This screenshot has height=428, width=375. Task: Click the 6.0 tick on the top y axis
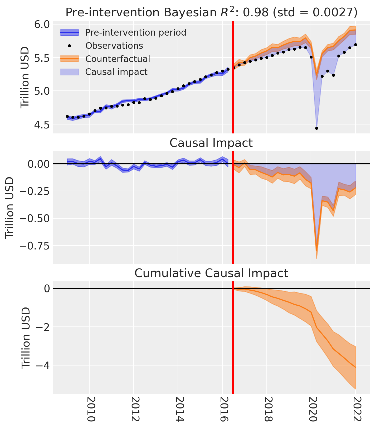pyautogui.click(x=42, y=24)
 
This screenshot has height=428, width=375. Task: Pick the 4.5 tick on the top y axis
pyautogui.click(x=42, y=124)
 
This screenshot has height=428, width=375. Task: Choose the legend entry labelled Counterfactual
pyautogui.click(x=118, y=59)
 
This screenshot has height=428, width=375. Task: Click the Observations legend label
pyautogui.click(x=114, y=46)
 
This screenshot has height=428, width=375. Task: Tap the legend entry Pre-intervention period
pyautogui.click(x=135, y=32)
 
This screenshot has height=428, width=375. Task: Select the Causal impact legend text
pyautogui.click(x=116, y=72)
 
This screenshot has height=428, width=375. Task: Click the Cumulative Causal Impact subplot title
pyautogui.click(x=211, y=273)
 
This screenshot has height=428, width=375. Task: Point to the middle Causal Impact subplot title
pyautogui.click(x=211, y=143)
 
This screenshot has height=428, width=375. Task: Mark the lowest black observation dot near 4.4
pyautogui.click(x=316, y=128)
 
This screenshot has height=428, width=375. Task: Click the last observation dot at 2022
pyautogui.click(x=355, y=45)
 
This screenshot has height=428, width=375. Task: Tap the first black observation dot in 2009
pyautogui.click(x=67, y=116)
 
